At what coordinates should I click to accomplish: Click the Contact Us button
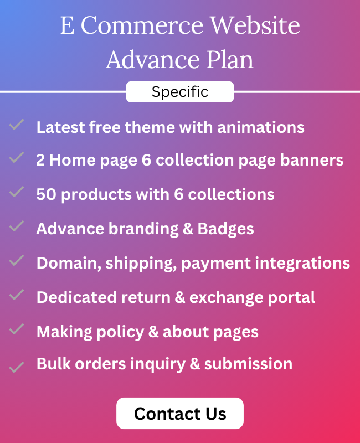point(179,413)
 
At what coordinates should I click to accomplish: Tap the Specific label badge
point(179,92)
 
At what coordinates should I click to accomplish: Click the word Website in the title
point(255,25)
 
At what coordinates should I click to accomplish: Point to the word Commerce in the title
point(142,25)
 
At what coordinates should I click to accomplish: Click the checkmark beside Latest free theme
point(17,125)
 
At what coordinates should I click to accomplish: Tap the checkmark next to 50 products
point(17,192)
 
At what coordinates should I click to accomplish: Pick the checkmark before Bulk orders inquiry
point(17,367)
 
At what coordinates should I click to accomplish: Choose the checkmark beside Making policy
point(17,329)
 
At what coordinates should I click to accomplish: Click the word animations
point(261,127)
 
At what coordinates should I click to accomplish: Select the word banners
point(312,160)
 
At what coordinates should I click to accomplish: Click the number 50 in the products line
point(47,194)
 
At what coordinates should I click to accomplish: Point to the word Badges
point(225,229)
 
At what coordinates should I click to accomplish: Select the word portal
point(291,297)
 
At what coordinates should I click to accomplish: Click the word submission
point(248,364)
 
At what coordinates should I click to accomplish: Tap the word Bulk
point(53,364)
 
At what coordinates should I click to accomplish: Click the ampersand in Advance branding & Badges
point(188,229)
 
